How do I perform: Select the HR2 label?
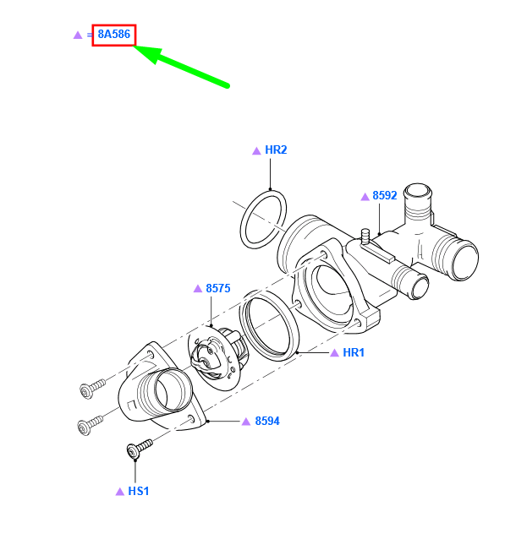click(x=276, y=150)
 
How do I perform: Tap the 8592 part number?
click(x=384, y=195)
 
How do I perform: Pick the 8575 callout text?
click(x=218, y=288)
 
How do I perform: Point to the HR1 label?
click(x=354, y=352)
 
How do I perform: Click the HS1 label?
click(x=138, y=490)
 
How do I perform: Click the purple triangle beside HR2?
click(x=256, y=150)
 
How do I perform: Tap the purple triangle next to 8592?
click(x=365, y=196)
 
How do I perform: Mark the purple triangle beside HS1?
click(x=119, y=490)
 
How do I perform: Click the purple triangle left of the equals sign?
click(x=77, y=35)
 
